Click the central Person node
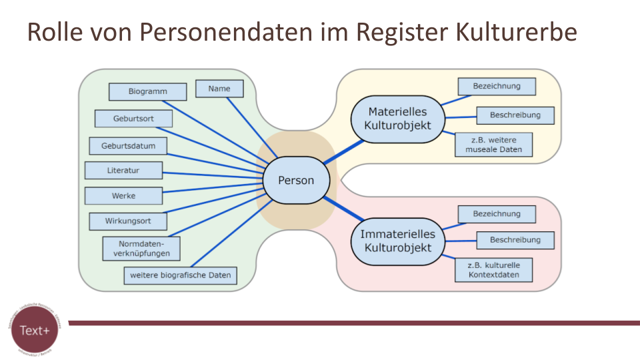(x=295, y=180)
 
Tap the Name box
(x=219, y=89)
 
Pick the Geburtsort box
(x=133, y=119)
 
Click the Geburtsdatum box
(x=129, y=145)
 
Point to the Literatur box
(x=123, y=171)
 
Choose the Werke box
(x=123, y=196)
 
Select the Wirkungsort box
(x=128, y=221)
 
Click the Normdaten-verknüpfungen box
(x=141, y=248)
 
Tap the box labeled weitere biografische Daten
(x=181, y=275)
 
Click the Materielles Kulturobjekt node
(x=397, y=118)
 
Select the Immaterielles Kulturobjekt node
(x=397, y=241)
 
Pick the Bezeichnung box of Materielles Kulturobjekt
(x=497, y=87)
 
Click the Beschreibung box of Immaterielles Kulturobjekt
(x=515, y=240)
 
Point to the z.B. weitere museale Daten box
(x=494, y=145)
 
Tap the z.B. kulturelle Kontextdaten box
(x=494, y=270)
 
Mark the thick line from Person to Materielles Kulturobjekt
(x=344, y=151)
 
